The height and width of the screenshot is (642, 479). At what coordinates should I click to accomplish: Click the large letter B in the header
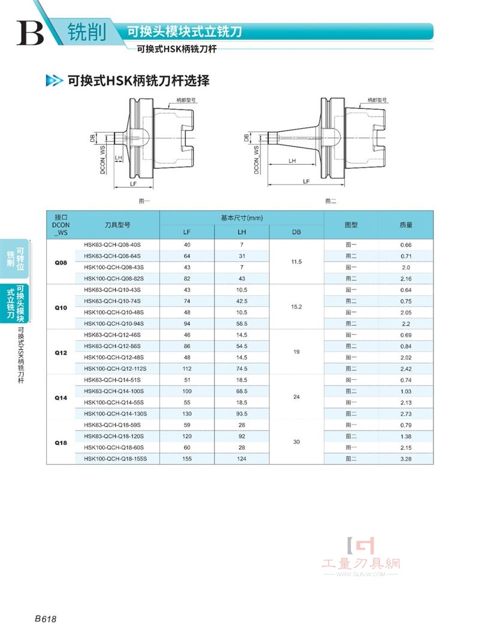click(30, 33)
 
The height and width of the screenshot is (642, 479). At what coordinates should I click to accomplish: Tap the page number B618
click(46, 619)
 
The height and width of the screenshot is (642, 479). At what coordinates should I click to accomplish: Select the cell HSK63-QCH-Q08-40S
click(112, 245)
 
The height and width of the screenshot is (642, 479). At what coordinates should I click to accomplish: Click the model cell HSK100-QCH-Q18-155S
click(115, 459)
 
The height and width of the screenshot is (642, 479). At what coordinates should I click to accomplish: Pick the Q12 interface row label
click(61, 353)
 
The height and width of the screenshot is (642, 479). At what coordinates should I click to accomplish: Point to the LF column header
click(187, 232)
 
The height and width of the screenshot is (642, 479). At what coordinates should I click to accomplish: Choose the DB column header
click(296, 232)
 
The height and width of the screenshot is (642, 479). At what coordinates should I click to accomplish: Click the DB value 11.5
click(296, 262)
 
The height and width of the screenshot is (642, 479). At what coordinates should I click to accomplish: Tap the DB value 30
click(296, 442)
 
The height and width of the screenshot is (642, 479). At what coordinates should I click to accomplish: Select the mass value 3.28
click(406, 459)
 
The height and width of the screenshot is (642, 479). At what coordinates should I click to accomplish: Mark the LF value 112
click(187, 368)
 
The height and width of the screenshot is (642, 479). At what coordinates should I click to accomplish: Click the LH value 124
click(241, 459)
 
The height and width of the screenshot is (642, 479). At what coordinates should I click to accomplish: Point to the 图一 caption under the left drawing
click(144, 201)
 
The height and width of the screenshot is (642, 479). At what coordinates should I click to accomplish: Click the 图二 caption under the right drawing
click(331, 201)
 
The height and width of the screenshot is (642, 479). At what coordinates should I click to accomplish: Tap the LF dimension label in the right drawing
click(306, 181)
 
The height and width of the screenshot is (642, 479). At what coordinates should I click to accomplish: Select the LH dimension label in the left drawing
click(119, 158)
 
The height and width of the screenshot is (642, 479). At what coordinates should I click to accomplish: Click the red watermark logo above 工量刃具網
click(360, 546)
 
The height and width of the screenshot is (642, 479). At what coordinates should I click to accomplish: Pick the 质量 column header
click(406, 225)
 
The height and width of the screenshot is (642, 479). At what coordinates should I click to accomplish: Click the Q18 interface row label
click(61, 443)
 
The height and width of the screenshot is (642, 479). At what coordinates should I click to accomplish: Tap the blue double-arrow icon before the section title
click(54, 81)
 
